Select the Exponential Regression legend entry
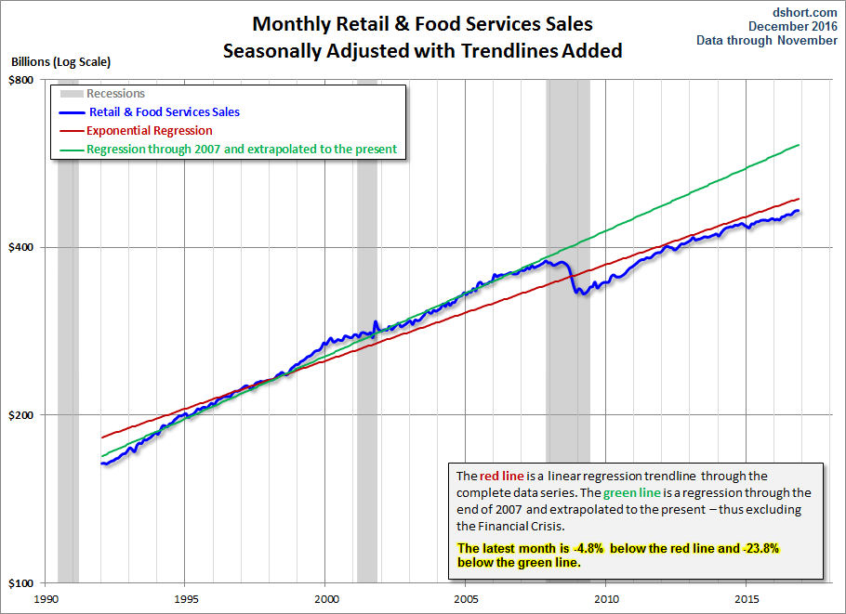pos(149,131)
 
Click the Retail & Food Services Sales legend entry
pos(164,112)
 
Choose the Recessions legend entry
pos(115,94)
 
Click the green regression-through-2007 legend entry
pos(241,149)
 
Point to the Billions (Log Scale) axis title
pos(60,62)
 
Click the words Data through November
pos(767,41)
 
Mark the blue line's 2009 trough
pos(580,294)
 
